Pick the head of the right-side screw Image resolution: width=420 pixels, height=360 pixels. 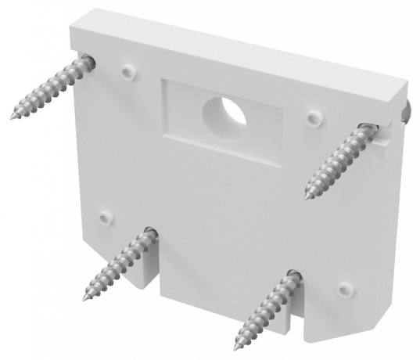[367, 128]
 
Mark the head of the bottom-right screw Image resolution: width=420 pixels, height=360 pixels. [292, 275]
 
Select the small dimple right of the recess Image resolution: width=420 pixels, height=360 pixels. [314, 117]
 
